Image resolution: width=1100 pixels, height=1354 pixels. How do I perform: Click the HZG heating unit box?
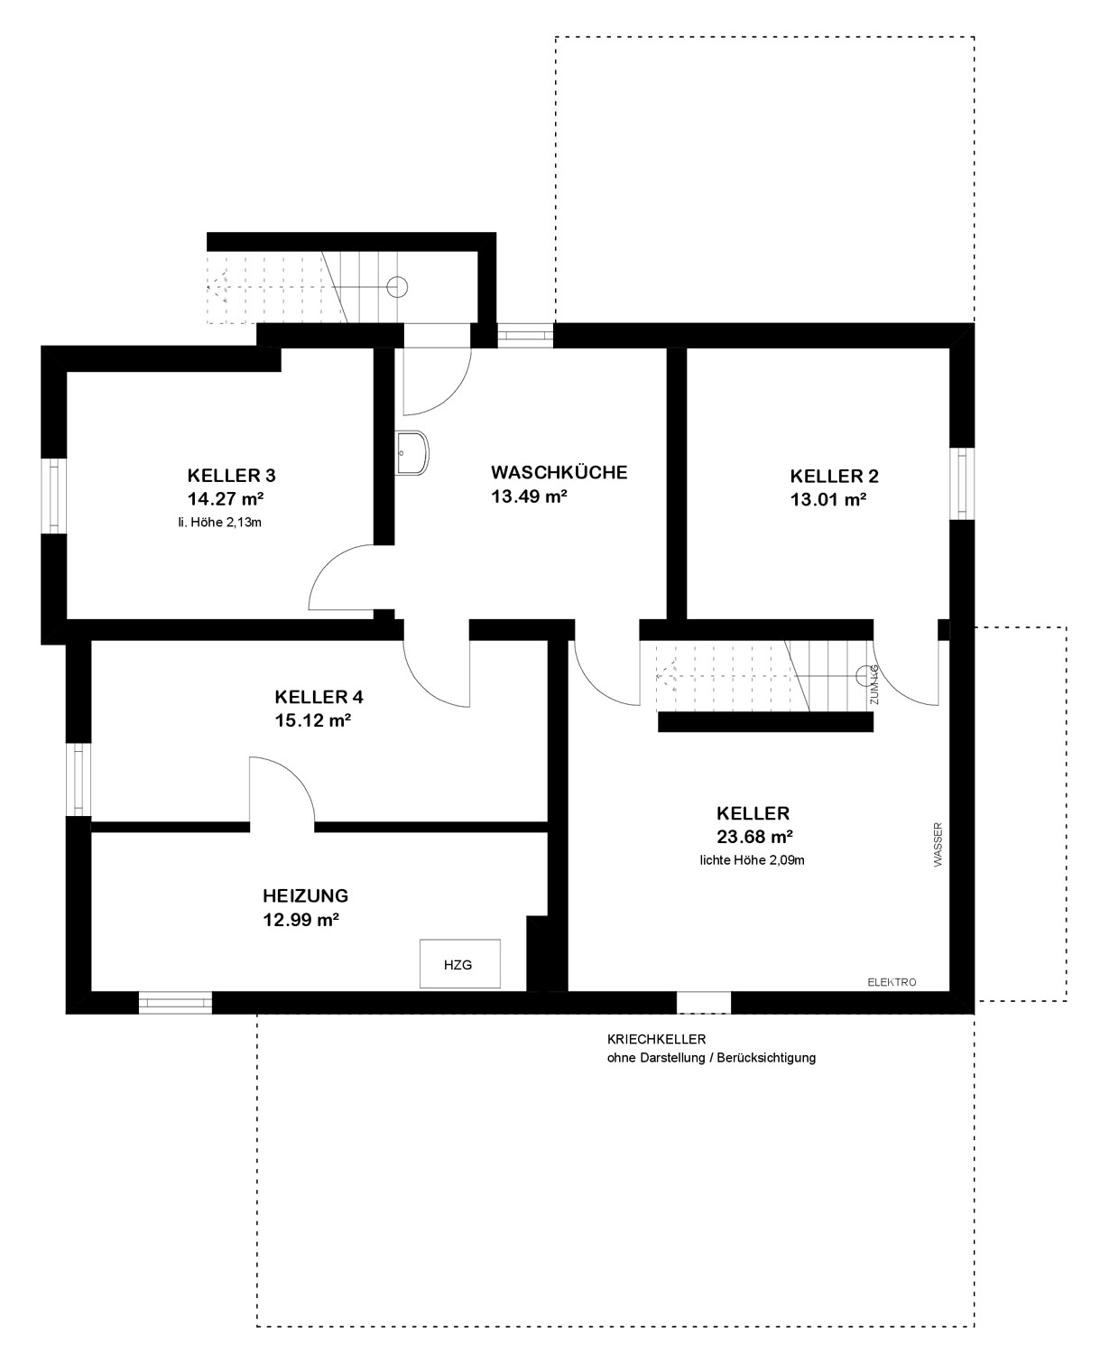pyautogui.click(x=459, y=963)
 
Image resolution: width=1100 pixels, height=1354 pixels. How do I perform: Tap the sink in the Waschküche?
pyautogui.click(x=411, y=452)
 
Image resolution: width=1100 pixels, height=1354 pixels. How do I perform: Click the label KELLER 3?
pyautogui.click(x=231, y=475)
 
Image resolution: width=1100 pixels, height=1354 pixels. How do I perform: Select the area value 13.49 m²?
pyautogui.click(x=529, y=496)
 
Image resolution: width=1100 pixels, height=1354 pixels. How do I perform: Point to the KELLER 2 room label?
pyautogui.click(x=834, y=476)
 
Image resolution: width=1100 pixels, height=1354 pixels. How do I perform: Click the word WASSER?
pyautogui.click(x=938, y=845)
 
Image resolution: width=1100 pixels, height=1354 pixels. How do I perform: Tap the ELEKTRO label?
pyautogui.click(x=892, y=982)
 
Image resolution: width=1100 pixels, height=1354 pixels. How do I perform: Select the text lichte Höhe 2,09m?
pyautogui.click(x=752, y=860)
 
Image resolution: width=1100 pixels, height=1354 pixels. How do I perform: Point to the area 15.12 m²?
pyautogui.click(x=312, y=720)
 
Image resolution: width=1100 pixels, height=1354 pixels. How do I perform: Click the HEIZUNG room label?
pyautogui.click(x=306, y=895)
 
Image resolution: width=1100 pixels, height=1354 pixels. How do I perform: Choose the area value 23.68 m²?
pyautogui.click(x=754, y=837)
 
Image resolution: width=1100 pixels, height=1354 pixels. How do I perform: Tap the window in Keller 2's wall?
pyautogui.click(x=961, y=484)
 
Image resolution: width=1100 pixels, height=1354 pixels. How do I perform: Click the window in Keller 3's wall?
pyautogui.click(x=54, y=496)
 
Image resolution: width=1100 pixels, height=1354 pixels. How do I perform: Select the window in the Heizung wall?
pyautogui.click(x=175, y=1003)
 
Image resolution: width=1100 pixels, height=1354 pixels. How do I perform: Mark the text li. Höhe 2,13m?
pyautogui.click(x=220, y=523)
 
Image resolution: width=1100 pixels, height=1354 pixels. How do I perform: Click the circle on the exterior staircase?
pyautogui.click(x=397, y=287)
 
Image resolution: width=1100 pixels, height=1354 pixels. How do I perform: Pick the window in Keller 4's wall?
pyautogui.click(x=79, y=779)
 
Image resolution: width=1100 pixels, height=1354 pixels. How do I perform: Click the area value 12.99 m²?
pyautogui.click(x=300, y=919)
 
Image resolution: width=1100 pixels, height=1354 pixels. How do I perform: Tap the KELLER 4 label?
pyautogui.click(x=319, y=697)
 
